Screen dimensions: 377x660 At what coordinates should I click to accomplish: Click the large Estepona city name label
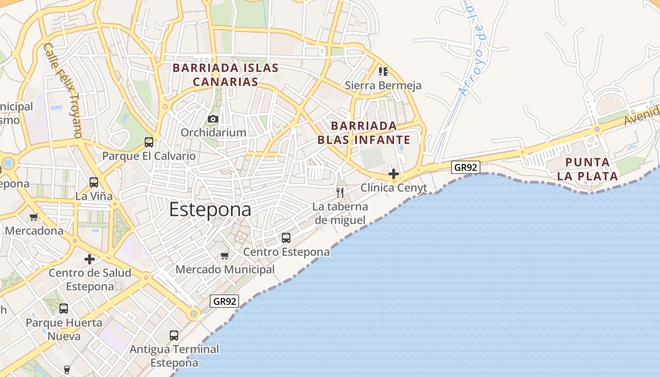pyautogui.click(x=210, y=210)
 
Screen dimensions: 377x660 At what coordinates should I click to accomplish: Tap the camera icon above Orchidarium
pyautogui.click(x=213, y=119)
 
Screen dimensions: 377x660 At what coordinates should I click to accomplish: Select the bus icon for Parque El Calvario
pyautogui.click(x=149, y=142)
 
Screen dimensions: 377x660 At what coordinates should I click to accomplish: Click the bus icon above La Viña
pyautogui.click(x=94, y=182)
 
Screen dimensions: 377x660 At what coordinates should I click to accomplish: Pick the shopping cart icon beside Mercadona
pyautogui.click(x=33, y=217)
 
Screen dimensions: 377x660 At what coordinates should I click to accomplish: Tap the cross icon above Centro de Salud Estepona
pyautogui.click(x=90, y=259)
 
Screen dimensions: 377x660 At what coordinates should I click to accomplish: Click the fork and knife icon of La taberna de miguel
pyautogui.click(x=339, y=192)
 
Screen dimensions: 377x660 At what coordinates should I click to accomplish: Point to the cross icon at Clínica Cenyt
pyautogui.click(x=394, y=174)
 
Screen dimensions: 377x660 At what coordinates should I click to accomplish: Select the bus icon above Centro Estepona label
pyautogui.click(x=286, y=238)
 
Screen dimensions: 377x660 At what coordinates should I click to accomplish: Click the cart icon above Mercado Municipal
pyautogui.click(x=225, y=255)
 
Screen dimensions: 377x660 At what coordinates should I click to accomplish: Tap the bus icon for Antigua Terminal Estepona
pyautogui.click(x=174, y=335)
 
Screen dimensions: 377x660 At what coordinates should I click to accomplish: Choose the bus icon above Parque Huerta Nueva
pyautogui.click(x=64, y=309)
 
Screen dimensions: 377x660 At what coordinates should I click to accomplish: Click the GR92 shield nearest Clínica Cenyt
pyautogui.click(x=465, y=167)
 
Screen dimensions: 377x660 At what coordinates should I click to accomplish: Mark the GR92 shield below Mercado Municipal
pyautogui.click(x=224, y=301)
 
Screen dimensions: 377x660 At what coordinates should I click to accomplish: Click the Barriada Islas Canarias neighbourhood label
pyautogui.click(x=225, y=75)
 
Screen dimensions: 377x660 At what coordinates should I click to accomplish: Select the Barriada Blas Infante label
pyautogui.click(x=363, y=133)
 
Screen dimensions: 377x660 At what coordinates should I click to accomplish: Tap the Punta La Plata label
pyautogui.click(x=587, y=169)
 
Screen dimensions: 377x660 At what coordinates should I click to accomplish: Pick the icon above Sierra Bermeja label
pyautogui.click(x=383, y=72)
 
